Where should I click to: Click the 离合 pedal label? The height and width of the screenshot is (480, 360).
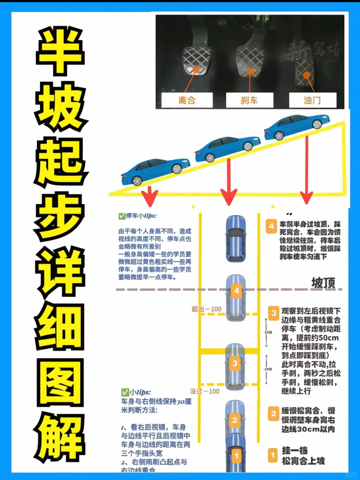187,100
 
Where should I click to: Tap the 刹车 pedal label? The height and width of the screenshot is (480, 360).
249,100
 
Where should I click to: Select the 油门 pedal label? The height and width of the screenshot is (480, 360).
312,100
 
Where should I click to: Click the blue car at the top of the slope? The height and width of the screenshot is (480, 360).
297,126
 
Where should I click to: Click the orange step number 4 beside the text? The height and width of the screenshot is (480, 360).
271,226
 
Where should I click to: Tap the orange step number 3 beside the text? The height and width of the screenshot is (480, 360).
274,313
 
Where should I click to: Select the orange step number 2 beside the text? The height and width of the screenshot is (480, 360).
273,414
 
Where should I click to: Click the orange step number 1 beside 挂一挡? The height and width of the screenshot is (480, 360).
273,455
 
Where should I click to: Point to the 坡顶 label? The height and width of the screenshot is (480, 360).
323,283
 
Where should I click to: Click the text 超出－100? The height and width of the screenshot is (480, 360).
206,309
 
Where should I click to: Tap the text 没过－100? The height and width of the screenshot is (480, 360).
205,391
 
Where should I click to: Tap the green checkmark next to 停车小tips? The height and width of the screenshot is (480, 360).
122,216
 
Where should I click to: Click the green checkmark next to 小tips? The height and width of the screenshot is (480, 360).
125,392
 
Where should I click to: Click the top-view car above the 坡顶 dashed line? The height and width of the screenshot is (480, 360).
236,238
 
